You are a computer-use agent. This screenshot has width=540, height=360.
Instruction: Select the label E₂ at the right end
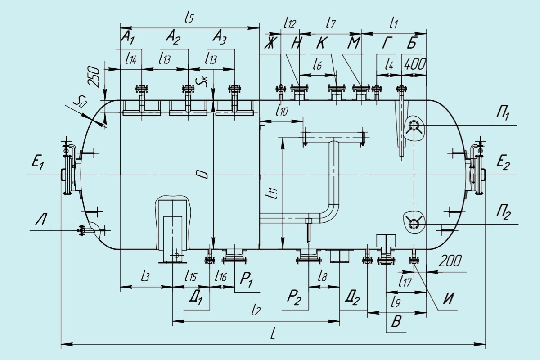(503, 162)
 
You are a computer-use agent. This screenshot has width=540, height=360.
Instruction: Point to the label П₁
(503, 114)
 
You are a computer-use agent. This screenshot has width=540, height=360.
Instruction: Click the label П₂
(503, 212)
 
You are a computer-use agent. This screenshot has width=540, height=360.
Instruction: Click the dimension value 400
(414, 64)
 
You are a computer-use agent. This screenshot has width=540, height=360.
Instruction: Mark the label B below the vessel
(396, 321)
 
